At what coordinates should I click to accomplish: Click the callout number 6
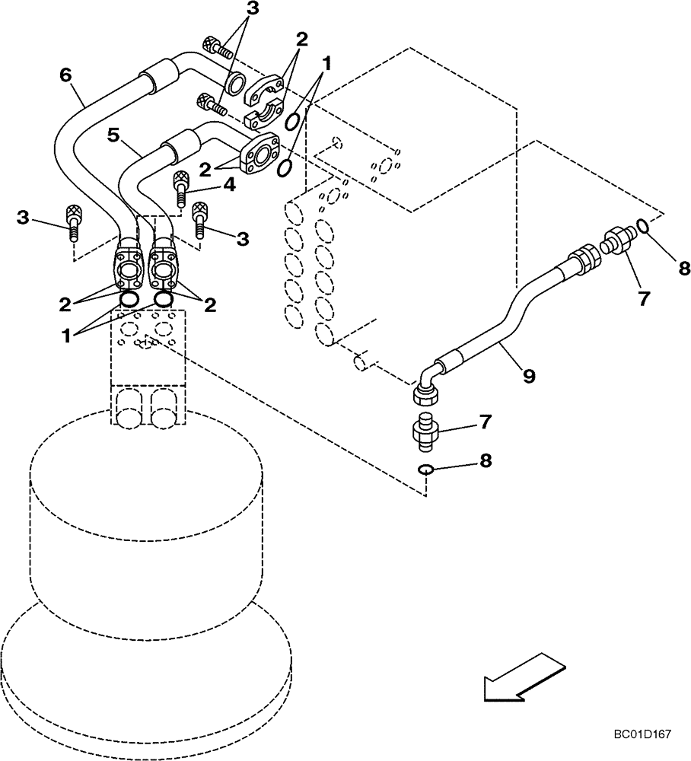65,74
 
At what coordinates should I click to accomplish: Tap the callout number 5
113,135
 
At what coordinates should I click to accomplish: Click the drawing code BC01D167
643,735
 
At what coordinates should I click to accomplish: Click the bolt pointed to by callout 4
182,189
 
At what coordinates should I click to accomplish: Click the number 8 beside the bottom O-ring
484,460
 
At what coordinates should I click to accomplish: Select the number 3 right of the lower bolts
243,239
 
